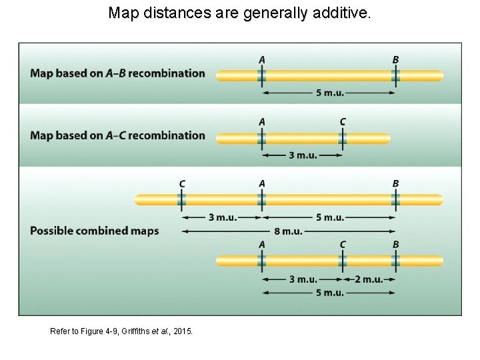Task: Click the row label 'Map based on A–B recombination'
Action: [x=117, y=73]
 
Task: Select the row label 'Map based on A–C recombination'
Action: [x=117, y=135]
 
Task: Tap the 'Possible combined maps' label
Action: [x=94, y=231]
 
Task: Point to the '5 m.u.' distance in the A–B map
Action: [x=329, y=93]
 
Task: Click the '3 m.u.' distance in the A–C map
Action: [x=303, y=155]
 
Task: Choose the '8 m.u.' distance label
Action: [x=288, y=231]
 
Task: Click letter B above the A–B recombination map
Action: [x=395, y=59]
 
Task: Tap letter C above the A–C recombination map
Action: [x=343, y=121]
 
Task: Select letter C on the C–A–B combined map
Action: [x=182, y=183]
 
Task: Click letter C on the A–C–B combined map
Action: [x=343, y=245]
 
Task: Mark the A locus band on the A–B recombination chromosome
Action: [x=262, y=76]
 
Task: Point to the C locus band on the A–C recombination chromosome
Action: [x=343, y=138]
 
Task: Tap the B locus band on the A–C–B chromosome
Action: [x=395, y=261]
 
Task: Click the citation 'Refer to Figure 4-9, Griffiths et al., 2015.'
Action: [x=122, y=330]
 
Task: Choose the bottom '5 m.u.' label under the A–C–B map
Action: [x=329, y=293]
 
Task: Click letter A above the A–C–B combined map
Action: [x=262, y=245]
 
